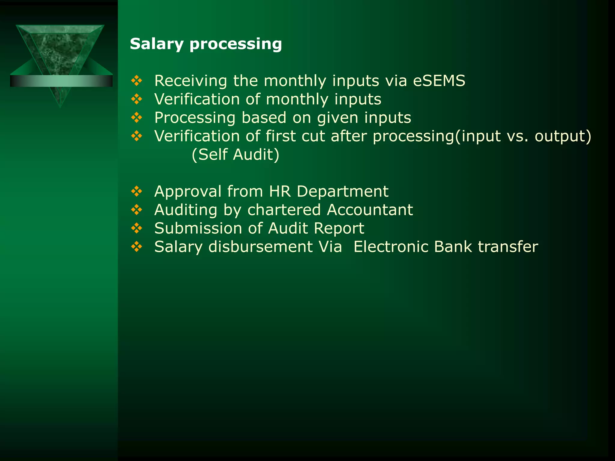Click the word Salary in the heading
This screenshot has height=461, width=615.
[x=156, y=44]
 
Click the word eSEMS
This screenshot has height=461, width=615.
[x=439, y=81]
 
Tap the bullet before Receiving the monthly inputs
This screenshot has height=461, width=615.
[x=137, y=81]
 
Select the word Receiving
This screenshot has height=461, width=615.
[x=190, y=81]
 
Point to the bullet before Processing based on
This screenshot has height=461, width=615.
[x=137, y=118]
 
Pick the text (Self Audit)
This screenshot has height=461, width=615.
[x=235, y=155]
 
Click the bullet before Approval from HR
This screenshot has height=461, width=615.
[x=137, y=191]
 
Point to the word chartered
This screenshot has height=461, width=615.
[x=284, y=210]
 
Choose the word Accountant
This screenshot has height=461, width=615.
[x=370, y=210]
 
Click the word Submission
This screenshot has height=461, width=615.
[x=198, y=228]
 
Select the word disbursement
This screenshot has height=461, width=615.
[x=260, y=247]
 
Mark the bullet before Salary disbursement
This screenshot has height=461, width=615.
[x=137, y=247]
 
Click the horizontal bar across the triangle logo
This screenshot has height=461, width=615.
[x=61, y=81]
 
